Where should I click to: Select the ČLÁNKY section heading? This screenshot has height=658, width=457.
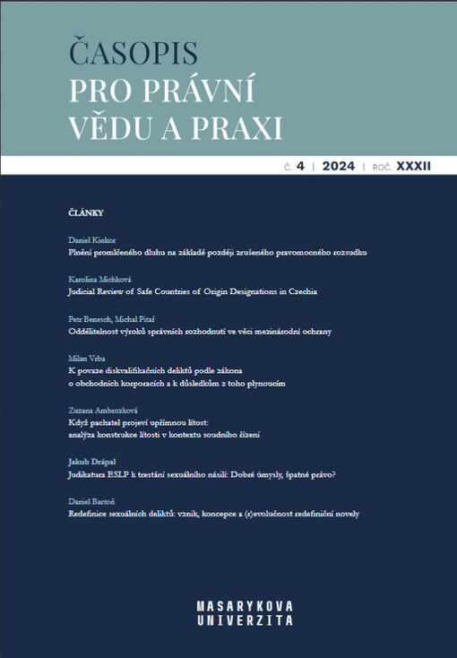(86, 212)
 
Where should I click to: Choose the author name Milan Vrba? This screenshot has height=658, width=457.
(88, 358)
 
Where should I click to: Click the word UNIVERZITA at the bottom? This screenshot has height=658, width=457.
(244, 619)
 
